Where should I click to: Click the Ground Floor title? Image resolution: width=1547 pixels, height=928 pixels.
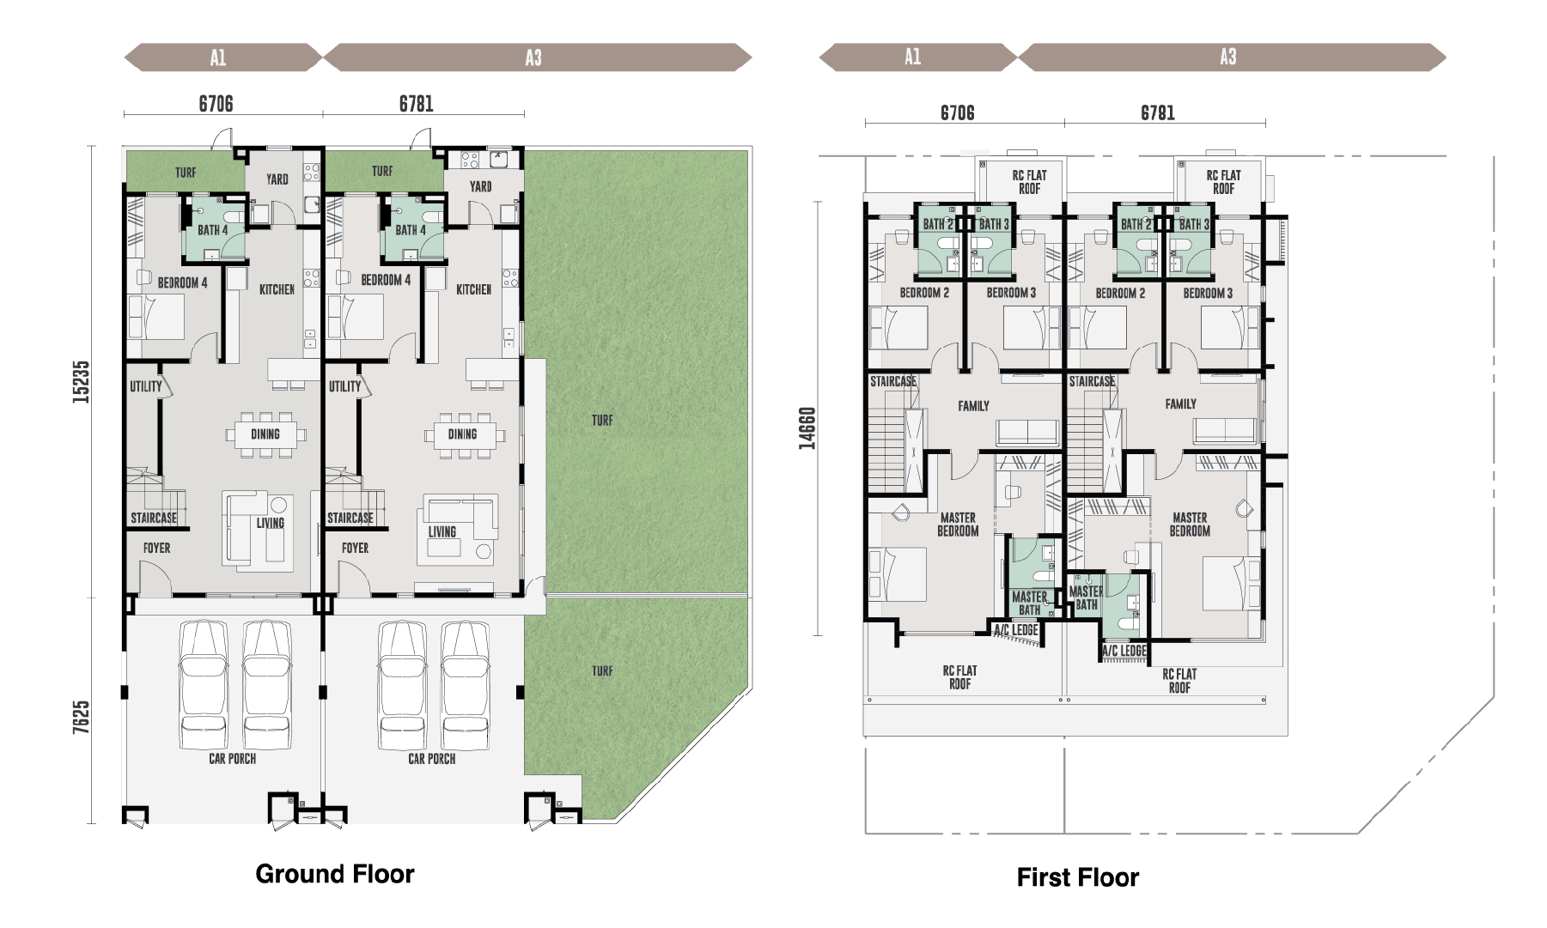(335, 874)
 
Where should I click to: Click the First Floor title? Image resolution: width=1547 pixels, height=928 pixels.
(1078, 877)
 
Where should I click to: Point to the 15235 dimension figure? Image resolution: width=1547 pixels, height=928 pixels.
(81, 382)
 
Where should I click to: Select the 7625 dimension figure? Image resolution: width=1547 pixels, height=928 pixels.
(81, 717)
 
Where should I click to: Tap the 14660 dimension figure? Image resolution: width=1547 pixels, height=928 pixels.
(807, 428)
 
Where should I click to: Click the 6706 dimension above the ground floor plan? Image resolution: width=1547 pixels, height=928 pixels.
(216, 104)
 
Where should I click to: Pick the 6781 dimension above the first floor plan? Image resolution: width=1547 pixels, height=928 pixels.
(1158, 113)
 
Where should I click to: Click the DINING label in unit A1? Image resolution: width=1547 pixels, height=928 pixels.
(265, 434)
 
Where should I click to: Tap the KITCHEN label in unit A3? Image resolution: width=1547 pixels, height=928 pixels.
(474, 290)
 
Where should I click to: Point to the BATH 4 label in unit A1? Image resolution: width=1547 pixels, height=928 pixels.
(213, 230)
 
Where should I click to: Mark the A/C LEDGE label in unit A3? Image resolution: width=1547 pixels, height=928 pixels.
(1124, 651)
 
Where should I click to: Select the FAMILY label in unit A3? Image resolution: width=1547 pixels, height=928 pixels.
(1181, 404)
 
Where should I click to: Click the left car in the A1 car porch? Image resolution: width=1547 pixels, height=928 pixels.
(204, 686)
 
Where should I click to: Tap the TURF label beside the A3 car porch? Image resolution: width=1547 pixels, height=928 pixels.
(602, 671)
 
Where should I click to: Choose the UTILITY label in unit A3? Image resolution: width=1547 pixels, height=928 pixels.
(345, 387)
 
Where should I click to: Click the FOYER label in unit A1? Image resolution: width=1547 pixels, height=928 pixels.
(156, 549)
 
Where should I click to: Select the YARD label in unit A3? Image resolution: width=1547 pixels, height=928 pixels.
(481, 187)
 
